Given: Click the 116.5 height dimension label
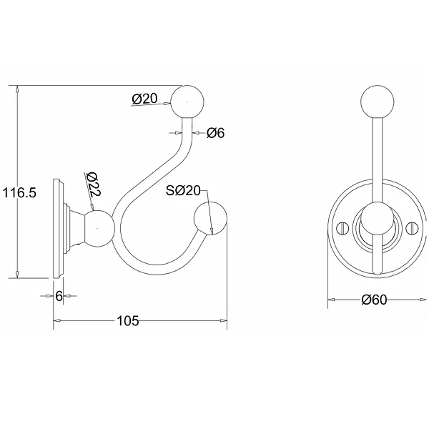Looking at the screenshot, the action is click(19, 192).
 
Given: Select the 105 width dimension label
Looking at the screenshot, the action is click(128, 320).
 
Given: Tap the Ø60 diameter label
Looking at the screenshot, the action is click(374, 300).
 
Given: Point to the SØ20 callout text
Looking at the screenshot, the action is click(183, 190).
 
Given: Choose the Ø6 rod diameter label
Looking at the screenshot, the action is click(216, 133).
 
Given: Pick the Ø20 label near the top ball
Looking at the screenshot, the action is click(144, 99).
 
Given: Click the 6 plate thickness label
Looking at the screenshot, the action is click(59, 296).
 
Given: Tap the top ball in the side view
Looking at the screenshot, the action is click(187, 102).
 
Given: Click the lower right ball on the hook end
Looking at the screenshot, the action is click(210, 218).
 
